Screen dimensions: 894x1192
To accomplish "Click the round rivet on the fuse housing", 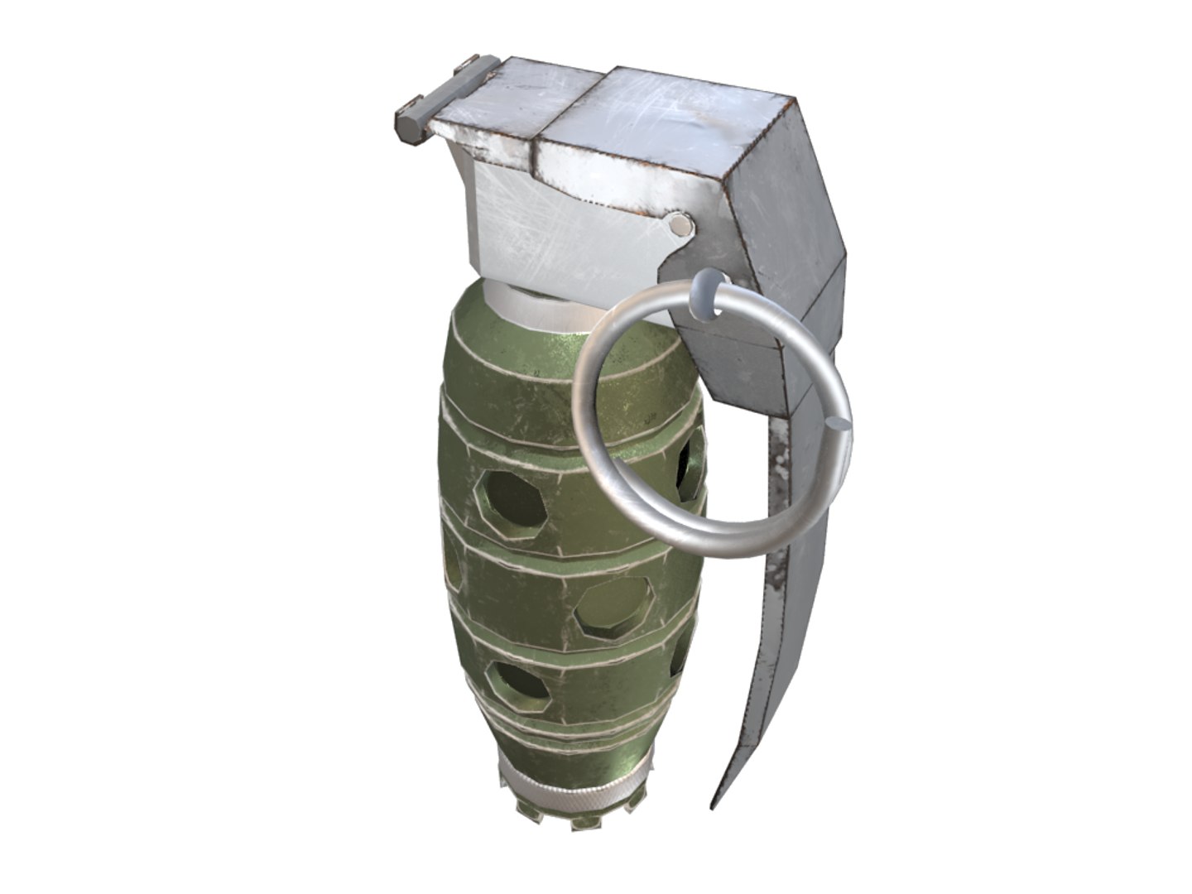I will (679, 225).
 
